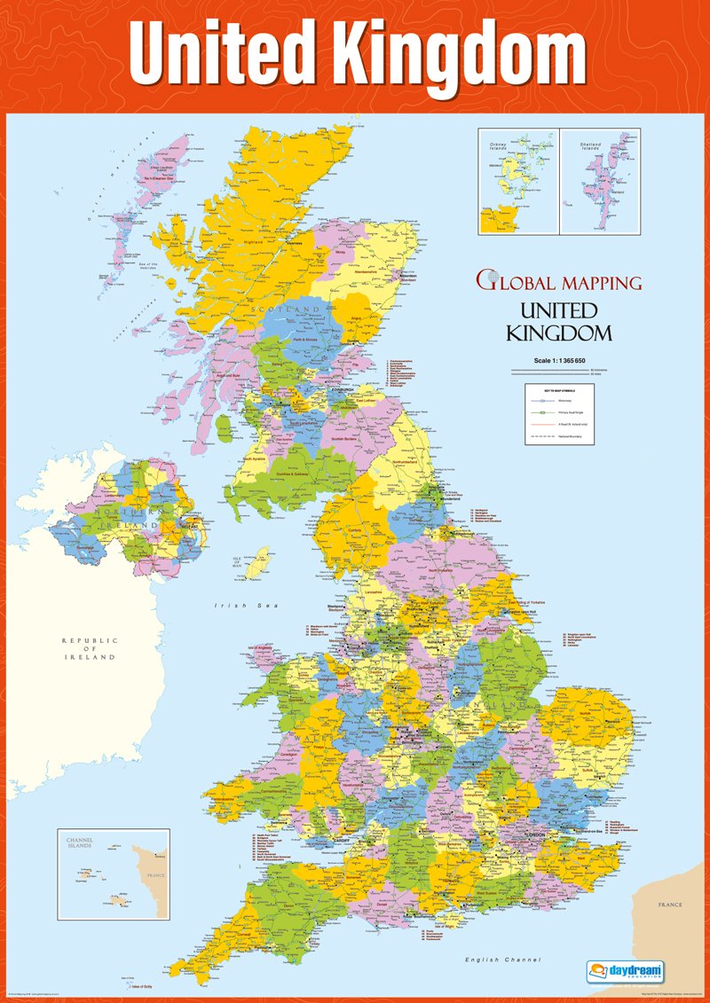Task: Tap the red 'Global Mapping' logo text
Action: point(559,283)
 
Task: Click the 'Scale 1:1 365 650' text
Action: point(561,359)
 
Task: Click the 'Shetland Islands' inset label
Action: point(589,146)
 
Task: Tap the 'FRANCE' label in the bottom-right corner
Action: point(670,905)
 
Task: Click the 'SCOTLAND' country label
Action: point(288,309)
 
